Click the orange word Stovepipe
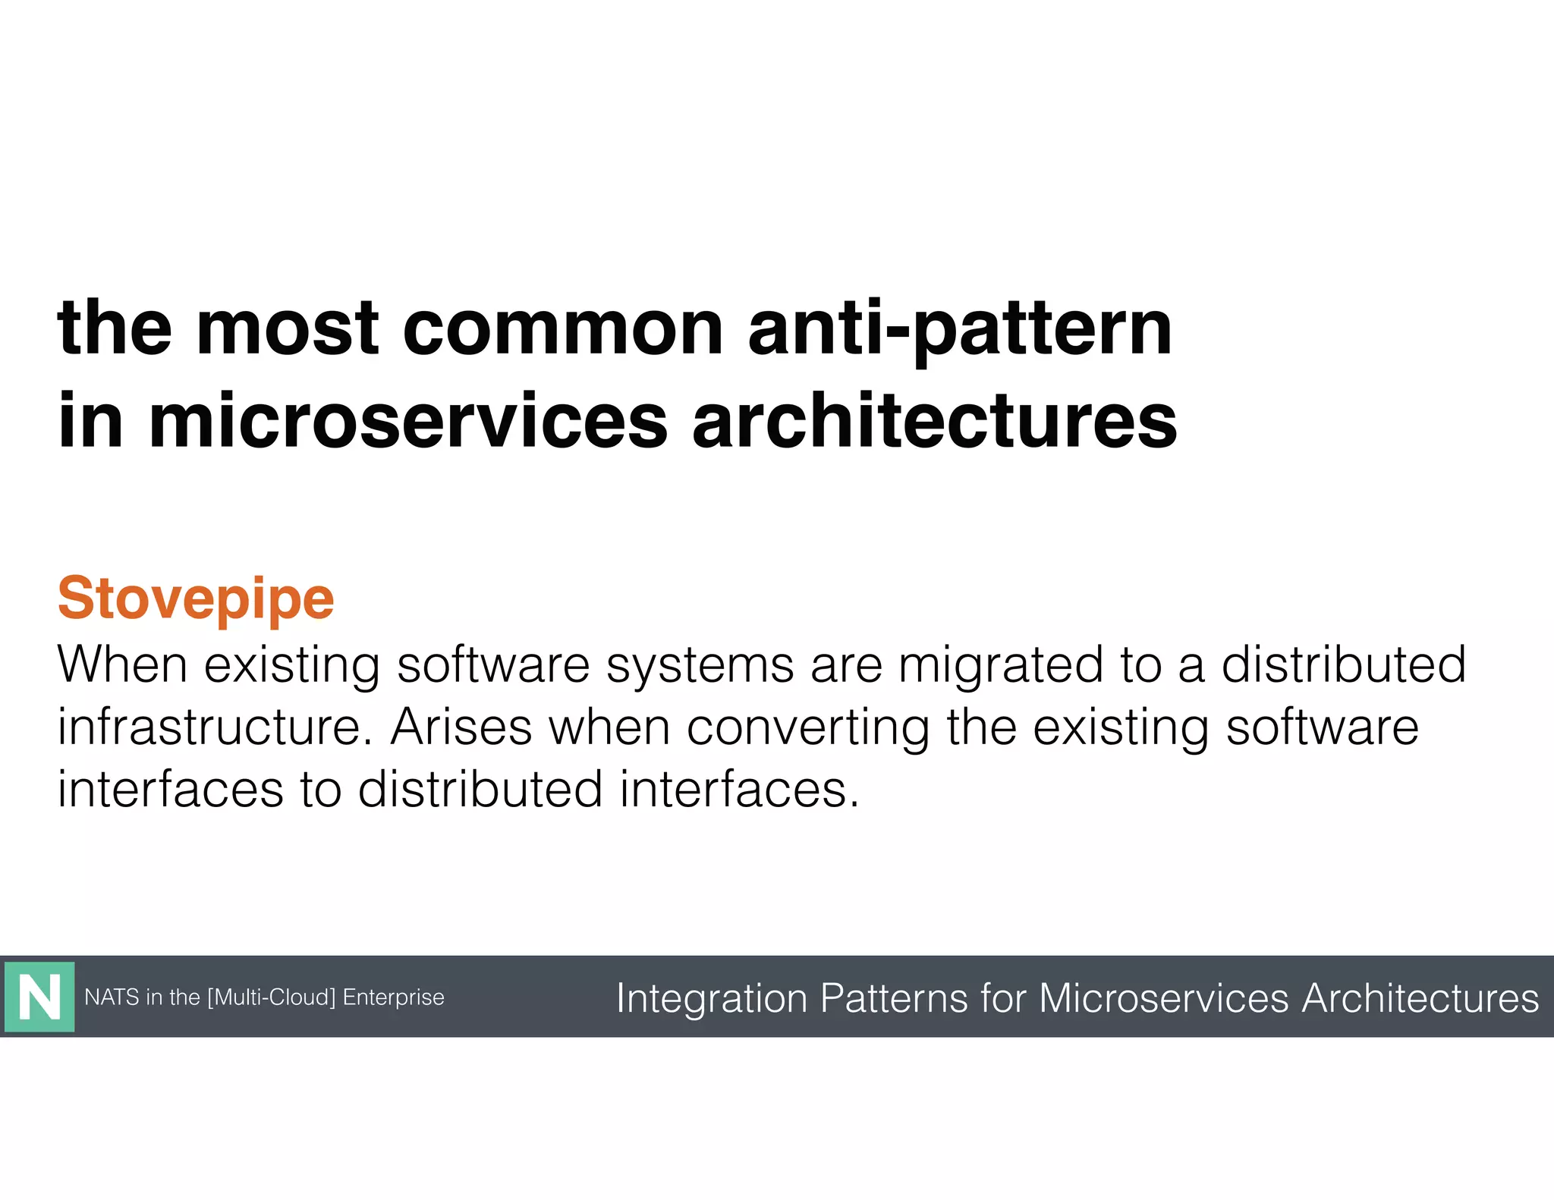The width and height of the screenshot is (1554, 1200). click(x=196, y=599)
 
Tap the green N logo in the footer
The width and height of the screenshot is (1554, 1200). click(x=39, y=997)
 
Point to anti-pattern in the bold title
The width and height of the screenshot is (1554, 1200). click(x=960, y=331)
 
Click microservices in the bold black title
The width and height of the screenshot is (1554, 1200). click(x=408, y=421)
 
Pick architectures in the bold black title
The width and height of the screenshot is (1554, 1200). click(x=934, y=421)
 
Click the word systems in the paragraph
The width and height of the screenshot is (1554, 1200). click(x=700, y=664)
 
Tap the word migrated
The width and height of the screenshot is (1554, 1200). click(x=1000, y=664)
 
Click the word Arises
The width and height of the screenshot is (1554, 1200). click(x=461, y=727)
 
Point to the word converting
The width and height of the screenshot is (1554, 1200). click(x=808, y=728)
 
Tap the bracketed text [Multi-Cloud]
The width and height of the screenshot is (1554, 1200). click(x=271, y=997)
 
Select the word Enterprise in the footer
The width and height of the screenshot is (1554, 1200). click(x=393, y=997)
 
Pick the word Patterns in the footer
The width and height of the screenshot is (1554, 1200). click(x=894, y=997)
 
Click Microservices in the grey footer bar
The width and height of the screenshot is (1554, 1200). click(x=1163, y=997)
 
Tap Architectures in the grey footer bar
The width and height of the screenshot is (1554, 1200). click(x=1420, y=997)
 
